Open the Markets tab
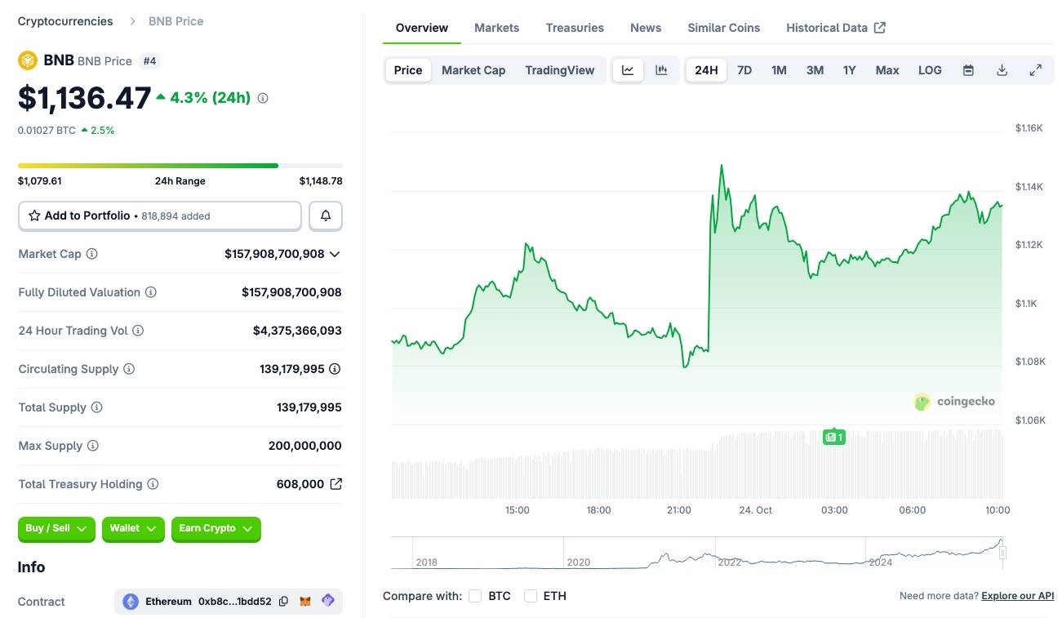click(x=496, y=28)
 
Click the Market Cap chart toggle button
click(x=473, y=70)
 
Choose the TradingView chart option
click(x=560, y=70)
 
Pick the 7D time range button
click(x=744, y=70)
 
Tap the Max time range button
click(x=887, y=70)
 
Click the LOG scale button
click(x=930, y=70)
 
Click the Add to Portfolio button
click(x=160, y=216)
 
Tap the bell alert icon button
click(x=326, y=216)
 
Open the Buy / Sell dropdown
click(x=56, y=529)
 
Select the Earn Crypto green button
click(x=216, y=529)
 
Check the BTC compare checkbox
click(x=475, y=596)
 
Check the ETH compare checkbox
click(x=531, y=596)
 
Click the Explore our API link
click(x=1017, y=596)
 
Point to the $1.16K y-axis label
click(x=1029, y=128)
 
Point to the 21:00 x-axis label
click(x=679, y=510)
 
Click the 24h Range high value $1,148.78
click(x=320, y=181)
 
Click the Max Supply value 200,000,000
click(x=304, y=446)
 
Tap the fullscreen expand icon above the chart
click(x=1035, y=70)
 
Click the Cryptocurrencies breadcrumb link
click(x=65, y=21)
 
